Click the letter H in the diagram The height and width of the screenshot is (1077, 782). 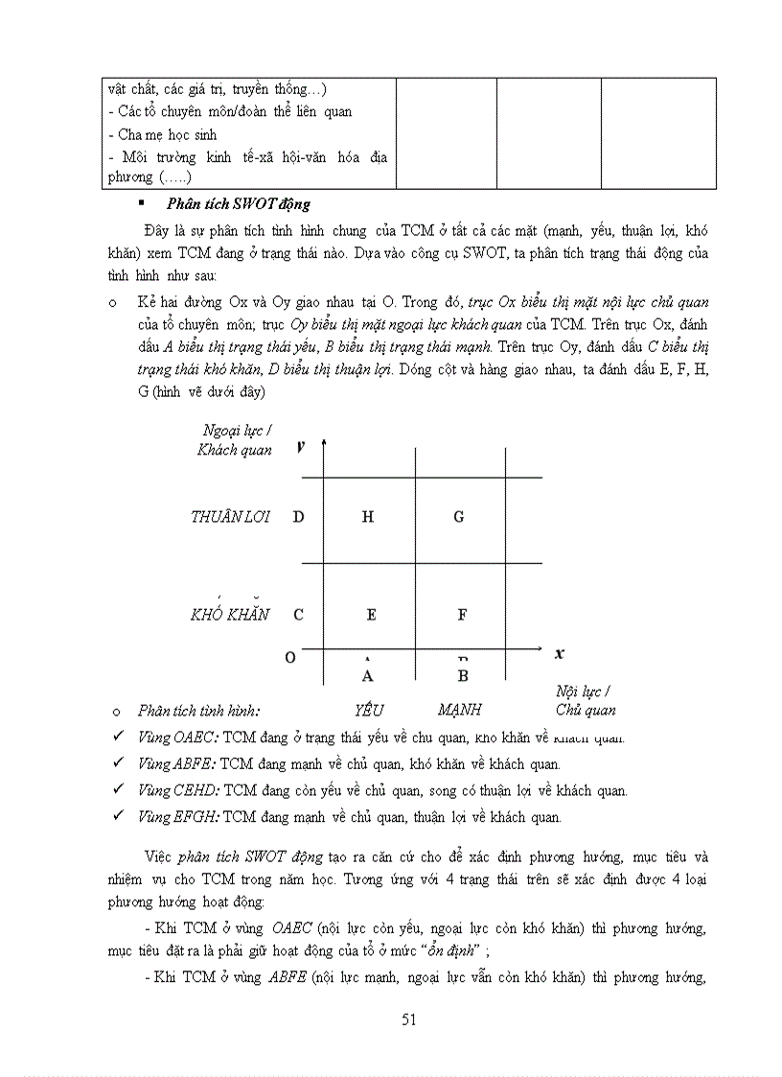(368, 517)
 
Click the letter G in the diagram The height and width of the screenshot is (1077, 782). (459, 517)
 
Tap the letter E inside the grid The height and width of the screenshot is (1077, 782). (371, 615)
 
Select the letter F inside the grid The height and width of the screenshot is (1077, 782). (462, 615)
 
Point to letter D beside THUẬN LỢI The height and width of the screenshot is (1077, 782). (299, 517)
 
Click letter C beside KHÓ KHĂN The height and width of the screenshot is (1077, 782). (299, 615)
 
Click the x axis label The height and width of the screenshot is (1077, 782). (559, 653)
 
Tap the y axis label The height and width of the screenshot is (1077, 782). (301, 446)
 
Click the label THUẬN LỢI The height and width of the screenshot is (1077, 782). (230, 517)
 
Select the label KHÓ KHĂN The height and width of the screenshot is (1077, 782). (230, 614)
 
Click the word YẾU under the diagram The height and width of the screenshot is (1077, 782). (368, 711)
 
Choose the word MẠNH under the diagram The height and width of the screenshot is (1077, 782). (460, 711)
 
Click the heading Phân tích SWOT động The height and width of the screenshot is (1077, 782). (238, 204)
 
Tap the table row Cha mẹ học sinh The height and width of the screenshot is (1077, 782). (162, 134)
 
